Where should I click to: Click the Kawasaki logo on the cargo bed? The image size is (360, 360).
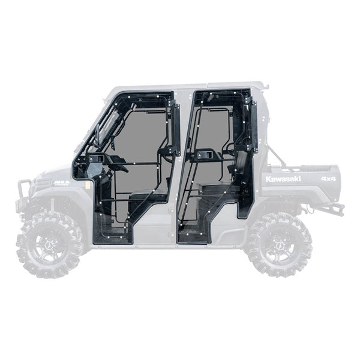pos(283,179)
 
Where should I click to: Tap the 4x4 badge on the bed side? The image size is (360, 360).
pos(328,179)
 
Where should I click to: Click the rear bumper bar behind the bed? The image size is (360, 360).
pos(332,209)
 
